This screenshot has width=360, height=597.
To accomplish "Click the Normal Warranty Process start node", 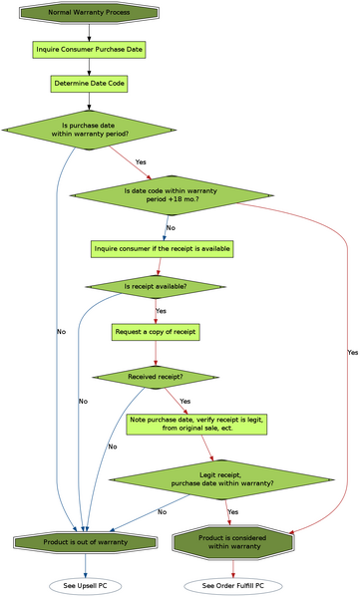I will coord(89,13).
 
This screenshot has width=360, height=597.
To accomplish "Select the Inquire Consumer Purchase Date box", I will coord(89,48).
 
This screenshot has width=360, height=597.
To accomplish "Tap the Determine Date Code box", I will coord(89,83).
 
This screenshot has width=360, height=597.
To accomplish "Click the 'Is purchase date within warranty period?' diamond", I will coord(89,131).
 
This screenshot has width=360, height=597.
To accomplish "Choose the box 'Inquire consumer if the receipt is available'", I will coord(163,247).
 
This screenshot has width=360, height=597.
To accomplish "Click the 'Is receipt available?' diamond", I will coord(155,287).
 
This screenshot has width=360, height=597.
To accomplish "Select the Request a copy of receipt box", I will coord(156,331).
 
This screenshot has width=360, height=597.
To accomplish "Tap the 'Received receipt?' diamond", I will coord(156,377).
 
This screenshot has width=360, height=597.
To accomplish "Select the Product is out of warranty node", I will coord(85,542).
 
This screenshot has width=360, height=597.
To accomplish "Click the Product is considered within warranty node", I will coord(232,542).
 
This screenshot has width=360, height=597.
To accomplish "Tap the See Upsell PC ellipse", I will coord(85,585).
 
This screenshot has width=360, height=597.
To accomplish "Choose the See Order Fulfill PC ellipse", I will coord(232,585).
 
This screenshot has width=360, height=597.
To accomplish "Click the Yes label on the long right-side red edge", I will coord(351,352).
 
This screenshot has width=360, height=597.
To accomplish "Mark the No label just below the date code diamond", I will coord(170,227).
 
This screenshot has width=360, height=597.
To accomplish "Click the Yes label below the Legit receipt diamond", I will coord(233,511).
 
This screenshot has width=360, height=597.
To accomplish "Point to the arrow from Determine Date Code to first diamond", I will coord(89,101).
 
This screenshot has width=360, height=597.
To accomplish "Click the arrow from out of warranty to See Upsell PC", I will coord(85,565).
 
